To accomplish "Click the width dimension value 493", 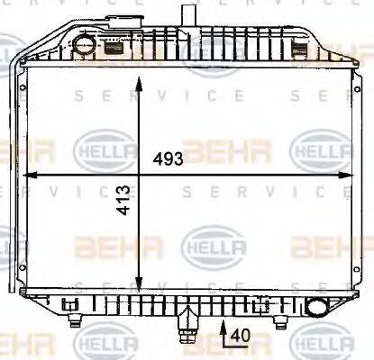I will tap(168, 159).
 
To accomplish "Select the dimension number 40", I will tap(238, 336).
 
